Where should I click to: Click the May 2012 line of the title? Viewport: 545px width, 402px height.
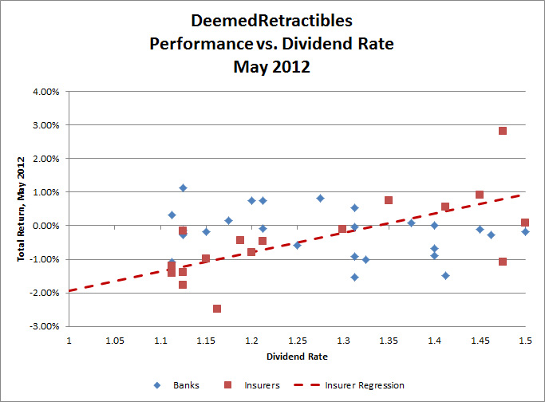pyautogui.click(x=271, y=67)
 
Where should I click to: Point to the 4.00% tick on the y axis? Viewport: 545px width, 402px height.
pyautogui.click(x=45, y=92)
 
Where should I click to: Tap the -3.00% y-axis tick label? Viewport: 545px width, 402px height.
pyautogui.click(x=44, y=326)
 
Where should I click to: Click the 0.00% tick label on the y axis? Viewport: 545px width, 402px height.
pyautogui.click(x=45, y=226)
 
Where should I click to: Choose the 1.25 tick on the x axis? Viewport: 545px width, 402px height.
pyautogui.click(x=297, y=341)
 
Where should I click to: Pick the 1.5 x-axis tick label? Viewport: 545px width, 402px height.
pyautogui.click(x=525, y=341)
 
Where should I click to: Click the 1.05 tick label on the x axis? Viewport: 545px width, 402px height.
pyautogui.click(x=114, y=341)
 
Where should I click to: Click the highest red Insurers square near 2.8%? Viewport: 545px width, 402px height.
pyautogui.click(x=503, y=131)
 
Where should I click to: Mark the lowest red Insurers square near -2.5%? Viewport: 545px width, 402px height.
pyautogui.click(x=217, y=309)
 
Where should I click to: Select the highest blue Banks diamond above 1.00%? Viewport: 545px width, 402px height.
pyautogui.click(x=183, y=188)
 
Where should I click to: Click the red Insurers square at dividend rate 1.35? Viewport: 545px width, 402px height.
pyautogui.click(x=389, y=200)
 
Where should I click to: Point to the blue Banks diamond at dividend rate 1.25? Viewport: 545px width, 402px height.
pyautogui.click(x=297, y=245)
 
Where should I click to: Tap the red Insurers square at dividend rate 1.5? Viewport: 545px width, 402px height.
pyautogui.click(x=525, y=223)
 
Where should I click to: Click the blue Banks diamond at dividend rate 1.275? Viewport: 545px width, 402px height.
pyautogui.click(x=320, y=198)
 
